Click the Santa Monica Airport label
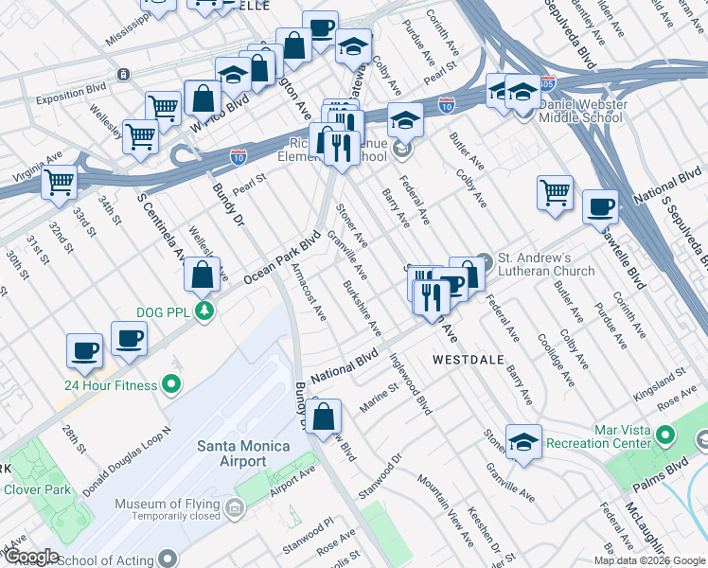point(231,453)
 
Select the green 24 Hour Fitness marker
point(171,384)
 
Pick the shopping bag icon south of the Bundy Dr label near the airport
point(324,417)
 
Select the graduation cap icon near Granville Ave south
point(523,442)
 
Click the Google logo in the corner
point(32,557)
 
